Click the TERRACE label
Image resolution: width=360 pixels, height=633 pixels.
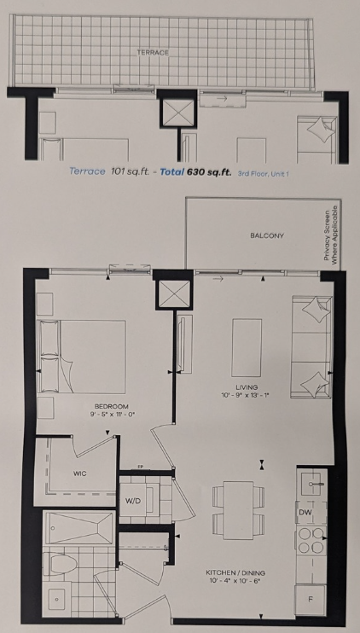click(x=153, y=53)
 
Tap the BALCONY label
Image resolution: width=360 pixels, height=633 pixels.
click(x=267, y=235)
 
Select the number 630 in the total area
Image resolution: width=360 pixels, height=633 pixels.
click(x=195, y=171)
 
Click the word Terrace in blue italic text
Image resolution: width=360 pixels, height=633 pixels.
click(x=87, y=171)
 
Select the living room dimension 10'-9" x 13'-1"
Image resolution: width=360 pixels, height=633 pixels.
click(x=245, y=395)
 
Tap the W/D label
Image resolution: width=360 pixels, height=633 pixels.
click(x=132, y=501)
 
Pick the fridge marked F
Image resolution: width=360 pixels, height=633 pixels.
click(x=311, y=600)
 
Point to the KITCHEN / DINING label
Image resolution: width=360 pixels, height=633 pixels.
click(x=235, y=572)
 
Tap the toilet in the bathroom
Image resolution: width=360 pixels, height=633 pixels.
click(x=61, y=563)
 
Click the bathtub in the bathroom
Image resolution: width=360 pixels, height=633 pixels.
click(x=79, y=527)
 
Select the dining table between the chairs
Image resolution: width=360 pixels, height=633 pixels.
click(x=238, y=510)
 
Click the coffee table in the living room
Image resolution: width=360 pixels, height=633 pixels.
click(x=247, y=347)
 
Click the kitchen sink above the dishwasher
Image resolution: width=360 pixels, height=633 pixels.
click(x=311, y=483)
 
